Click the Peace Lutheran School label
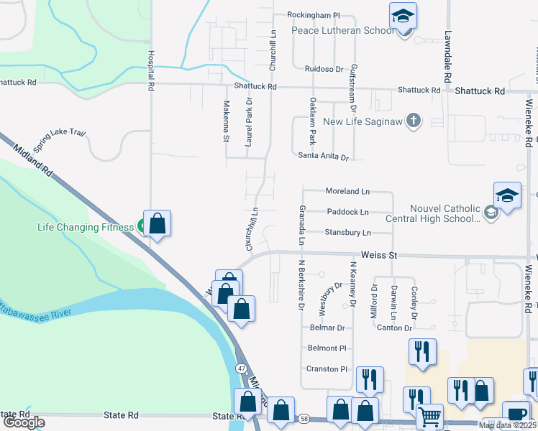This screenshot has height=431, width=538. click(x=342, y=31)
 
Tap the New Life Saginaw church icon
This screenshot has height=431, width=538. click(x=413, y=121)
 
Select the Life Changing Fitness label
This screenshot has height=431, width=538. click(x=86, y=227)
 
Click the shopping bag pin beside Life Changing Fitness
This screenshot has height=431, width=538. click(x=158, y=223)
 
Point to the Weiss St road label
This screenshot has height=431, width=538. click(x=379, y=255)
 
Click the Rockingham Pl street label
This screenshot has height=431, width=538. click(x=313, y=14)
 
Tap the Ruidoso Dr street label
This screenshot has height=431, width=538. click(x=324, y=69)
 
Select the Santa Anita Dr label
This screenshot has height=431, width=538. click(x=324, y=156)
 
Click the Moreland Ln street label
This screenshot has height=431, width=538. click(x=347, y=192)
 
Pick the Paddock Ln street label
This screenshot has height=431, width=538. click(x=347, y=212)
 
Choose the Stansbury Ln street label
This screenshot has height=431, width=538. click(x=347, y=233)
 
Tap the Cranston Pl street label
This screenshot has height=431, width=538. click(x=327, y=369)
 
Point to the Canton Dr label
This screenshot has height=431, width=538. click(x=393, y=328)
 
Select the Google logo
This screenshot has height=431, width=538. click(x=24, y=422)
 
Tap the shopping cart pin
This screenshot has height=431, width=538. click(x=429, y=415)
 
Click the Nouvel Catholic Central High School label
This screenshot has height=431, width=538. click(x=444, y=213)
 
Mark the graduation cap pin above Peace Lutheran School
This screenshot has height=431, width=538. click(x=403, y=15)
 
